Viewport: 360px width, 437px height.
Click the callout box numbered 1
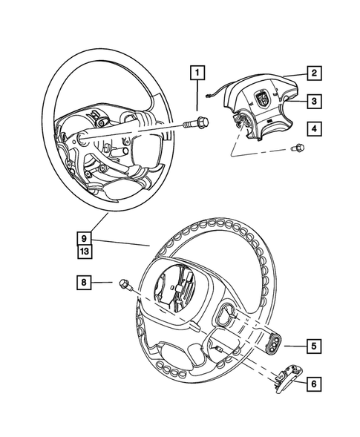coord(197,73)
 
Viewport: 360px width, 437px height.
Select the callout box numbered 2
coord(314,73)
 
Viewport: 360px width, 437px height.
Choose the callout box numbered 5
coord(314,345)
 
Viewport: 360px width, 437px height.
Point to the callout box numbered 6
coord(314,384)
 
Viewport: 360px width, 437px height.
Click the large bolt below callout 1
coord(198,123)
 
